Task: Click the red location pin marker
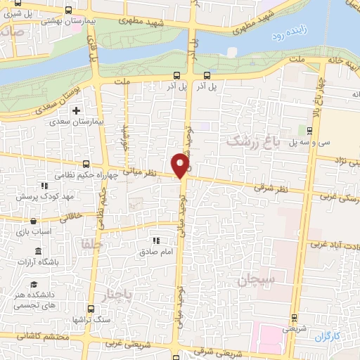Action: click(181, 164)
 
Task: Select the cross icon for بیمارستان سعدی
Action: click(77, 110)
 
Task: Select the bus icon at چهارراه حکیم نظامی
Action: click(86, 161)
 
